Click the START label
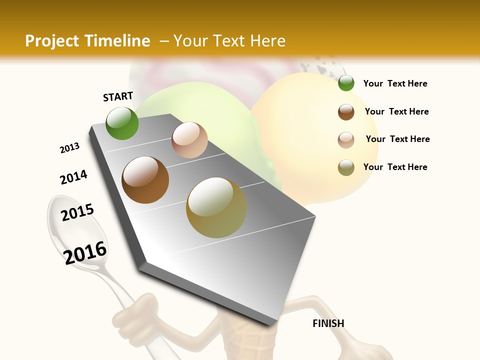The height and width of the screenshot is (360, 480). tap(118, 96)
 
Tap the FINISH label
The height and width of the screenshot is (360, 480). tap(328, 323)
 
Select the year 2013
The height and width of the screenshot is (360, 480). tap(69, 148)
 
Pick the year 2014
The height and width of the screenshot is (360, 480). tap(73, 177)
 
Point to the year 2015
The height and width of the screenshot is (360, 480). tap(77, 212)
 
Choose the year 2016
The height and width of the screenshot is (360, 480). tap(85, 253)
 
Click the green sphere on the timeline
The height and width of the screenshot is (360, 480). tap(122, 123)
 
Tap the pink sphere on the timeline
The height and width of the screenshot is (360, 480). tap(189, 140)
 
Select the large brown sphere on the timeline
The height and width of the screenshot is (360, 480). tap(145, 180)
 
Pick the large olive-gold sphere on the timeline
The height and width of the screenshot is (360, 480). tap(216, 207)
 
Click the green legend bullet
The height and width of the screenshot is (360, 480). tap(346, 83)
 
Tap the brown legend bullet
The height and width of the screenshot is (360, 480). tap(346, 112)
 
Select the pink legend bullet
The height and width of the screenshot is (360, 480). tap(346, 140)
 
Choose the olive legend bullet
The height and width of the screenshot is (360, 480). tap(346, 167)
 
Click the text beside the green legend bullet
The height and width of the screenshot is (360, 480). tap(395, 84)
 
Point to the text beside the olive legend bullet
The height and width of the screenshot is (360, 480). tap(395, 167)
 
